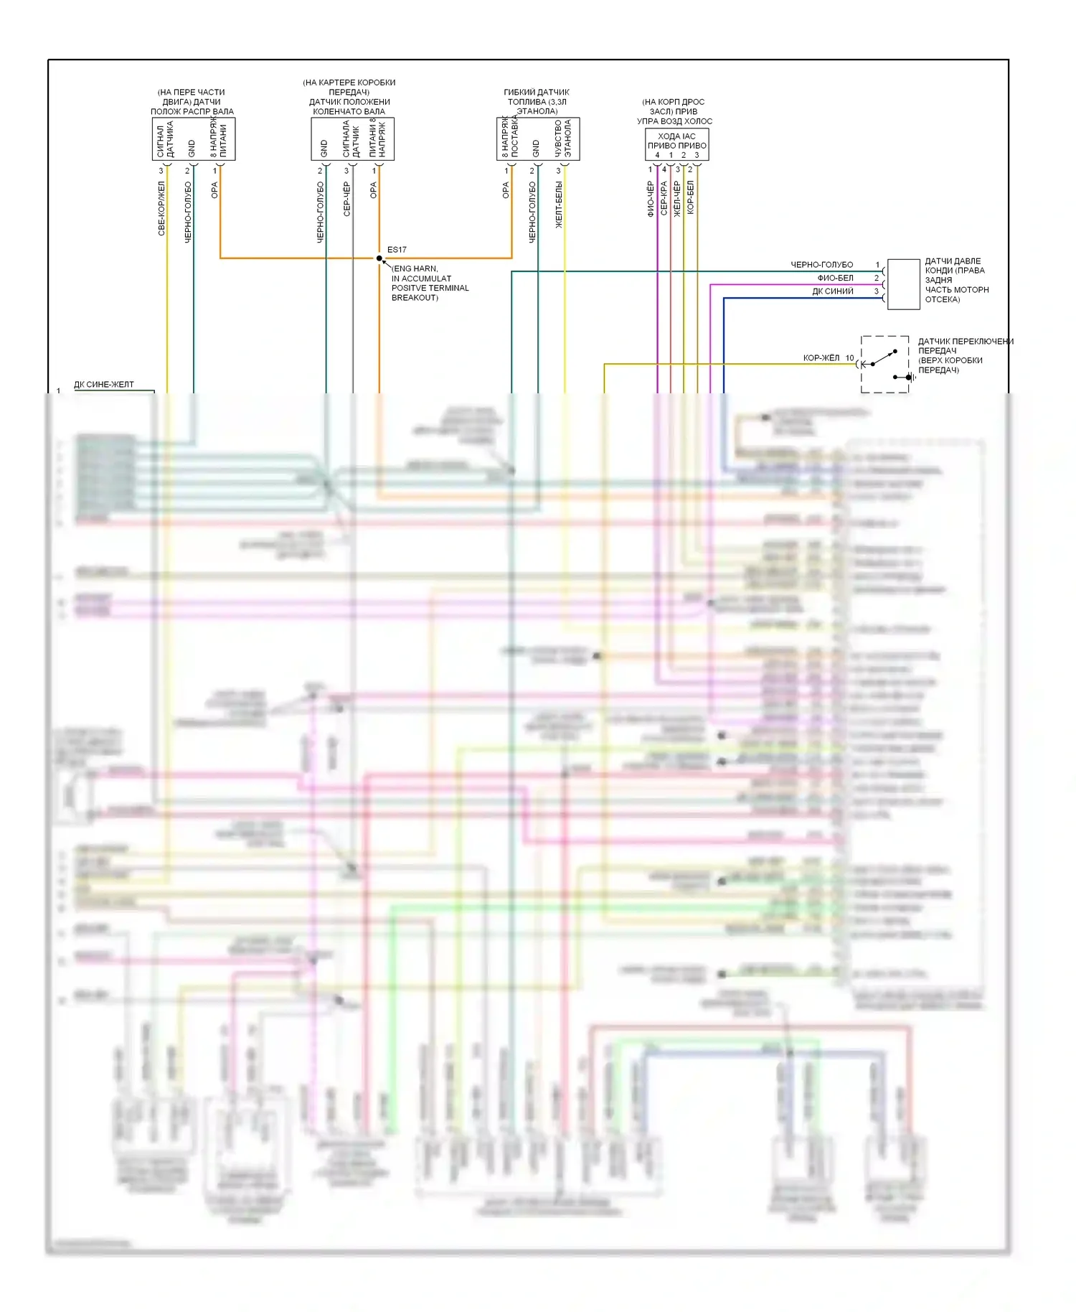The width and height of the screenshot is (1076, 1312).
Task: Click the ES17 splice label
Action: pyautogui.click(x=397, y=250)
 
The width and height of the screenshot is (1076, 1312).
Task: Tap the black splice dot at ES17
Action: pyautogui.click(x=379, y=258)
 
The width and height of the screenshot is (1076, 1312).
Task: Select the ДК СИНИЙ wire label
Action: pyautogui.click(x=833, y=291)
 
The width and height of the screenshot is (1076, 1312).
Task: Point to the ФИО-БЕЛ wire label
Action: pyautogui.click(x=836, y=278)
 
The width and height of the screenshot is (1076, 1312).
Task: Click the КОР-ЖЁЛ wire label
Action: pyautogui.click(x=821, y=357)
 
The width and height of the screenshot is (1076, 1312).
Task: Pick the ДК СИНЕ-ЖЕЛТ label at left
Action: pyautogui.click(x=104, y=385)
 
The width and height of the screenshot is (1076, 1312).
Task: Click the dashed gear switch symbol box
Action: pyautogui.click(x=885, y=364)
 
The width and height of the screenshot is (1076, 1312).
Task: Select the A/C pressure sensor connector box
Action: pyautogui.click(x=903, y=284)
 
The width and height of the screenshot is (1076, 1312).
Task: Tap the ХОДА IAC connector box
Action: pyautogui.click(x=676, y=145)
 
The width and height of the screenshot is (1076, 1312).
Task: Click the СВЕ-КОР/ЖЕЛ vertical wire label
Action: pyautogui.click(x=161, y=208)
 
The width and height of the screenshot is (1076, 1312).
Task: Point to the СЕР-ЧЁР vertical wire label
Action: pyautogui.click(x=347, y=199)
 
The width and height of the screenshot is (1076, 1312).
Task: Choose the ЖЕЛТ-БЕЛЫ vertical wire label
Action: pyautogui.click(x=559, y=205)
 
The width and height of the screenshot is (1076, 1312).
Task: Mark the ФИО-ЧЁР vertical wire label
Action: pyautogui.click(x=651, y=199)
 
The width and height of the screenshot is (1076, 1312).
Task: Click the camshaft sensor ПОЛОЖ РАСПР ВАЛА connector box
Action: pyautogui.click(x=194, y=139)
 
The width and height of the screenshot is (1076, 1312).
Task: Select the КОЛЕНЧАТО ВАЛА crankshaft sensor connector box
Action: pyautogui.click(x=352, y=139)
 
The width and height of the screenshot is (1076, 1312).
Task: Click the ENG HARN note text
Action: pyautogui.click(x=430, y=283)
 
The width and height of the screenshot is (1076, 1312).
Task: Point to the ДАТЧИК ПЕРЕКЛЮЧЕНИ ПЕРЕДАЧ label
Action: pyautogui.click(x=965, y=355)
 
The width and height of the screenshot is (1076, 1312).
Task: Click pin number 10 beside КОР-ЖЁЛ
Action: pyautogui.click(x=849, y=357)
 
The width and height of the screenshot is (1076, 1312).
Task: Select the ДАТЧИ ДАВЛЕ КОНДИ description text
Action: pyautogui.click(x=956, y=280)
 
